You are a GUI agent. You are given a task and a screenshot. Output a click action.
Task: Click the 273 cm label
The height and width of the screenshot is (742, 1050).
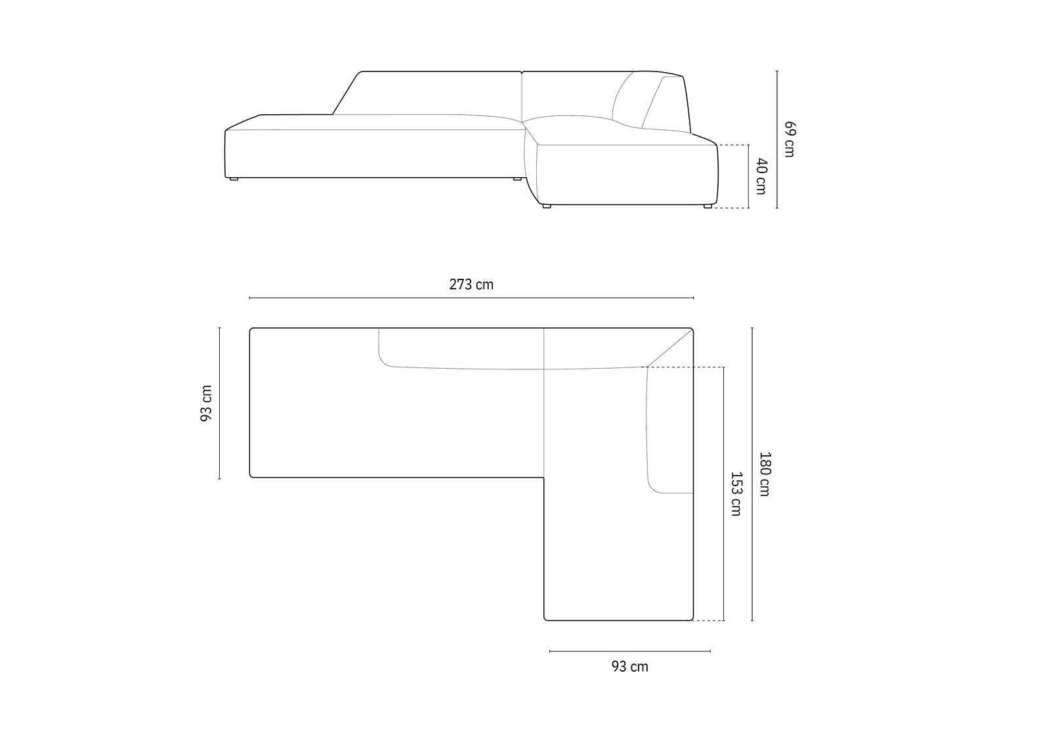[x=471, y=285]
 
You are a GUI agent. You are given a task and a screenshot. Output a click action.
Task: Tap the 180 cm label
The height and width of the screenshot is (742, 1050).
[x=765, y=474]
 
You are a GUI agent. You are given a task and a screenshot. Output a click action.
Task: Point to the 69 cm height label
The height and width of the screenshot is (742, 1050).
[x=790, y=139]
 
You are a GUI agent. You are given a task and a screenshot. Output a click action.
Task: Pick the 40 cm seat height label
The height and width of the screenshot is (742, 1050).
[x=761, y=176]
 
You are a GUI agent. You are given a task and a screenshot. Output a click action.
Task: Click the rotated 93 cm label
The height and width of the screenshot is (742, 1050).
[x=206, y=403]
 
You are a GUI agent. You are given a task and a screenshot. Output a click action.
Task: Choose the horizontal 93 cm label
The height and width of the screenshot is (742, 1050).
[x=629, y=667]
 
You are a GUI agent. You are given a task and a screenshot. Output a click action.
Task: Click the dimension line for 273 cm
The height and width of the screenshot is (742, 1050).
[x=471, y=298]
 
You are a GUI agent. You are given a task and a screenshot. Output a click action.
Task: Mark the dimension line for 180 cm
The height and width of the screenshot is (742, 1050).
[x=752, y=474]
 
